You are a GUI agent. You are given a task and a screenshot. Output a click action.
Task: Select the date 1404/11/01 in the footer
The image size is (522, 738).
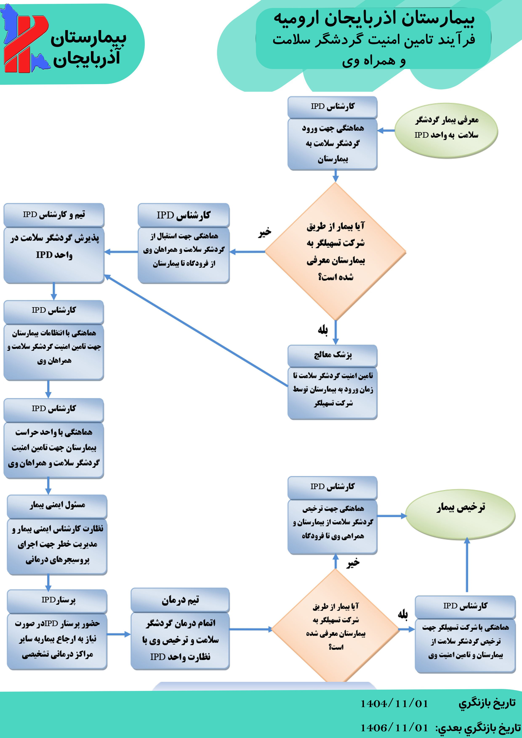pos(394,704)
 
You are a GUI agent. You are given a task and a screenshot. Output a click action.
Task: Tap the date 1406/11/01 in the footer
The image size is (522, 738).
pos(394,728)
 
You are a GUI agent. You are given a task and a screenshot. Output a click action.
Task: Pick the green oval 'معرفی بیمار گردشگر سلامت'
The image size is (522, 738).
pos(446,130)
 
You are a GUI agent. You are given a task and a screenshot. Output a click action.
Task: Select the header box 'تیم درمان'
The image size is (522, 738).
pos(180,600)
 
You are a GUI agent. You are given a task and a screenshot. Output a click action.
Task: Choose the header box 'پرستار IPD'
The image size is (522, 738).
pos(57,600)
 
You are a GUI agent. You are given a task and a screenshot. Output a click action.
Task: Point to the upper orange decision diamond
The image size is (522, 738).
pos(335,251)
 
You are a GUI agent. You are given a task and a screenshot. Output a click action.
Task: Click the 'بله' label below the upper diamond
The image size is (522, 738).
pos(323,330)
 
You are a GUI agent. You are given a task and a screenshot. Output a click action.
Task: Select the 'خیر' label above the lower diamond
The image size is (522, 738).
pos(353,563)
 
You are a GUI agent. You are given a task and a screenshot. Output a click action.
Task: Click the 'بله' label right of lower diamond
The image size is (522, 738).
pos(403,615)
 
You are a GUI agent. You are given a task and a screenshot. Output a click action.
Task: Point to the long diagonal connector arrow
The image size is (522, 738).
pos(196,331)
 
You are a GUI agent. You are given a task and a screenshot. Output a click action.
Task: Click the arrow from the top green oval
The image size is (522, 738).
pos(386,130)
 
